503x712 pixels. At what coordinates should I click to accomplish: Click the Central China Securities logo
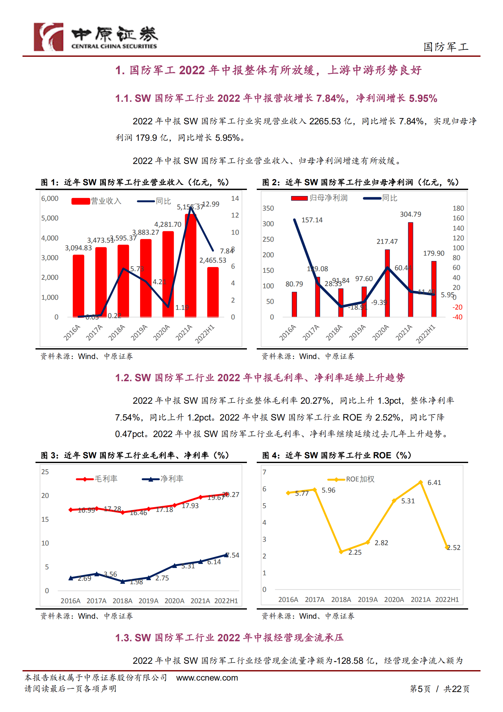tap(95, 37)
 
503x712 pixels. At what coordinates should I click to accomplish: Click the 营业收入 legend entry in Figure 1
tap(96, 201)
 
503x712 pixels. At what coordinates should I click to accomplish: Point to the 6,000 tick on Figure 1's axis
tap(50, 199)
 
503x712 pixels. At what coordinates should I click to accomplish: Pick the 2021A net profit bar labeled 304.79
tap(410, 270)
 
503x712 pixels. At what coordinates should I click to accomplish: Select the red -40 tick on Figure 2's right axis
tap(457, 317)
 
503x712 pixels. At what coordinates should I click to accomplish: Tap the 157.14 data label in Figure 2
tap(312, 220)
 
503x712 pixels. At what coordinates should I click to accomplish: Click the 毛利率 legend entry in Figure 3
tap(97, 479)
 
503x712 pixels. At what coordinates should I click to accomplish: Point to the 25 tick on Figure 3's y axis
tap(45, 472)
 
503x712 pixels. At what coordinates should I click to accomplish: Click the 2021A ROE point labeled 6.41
tap(421, 482)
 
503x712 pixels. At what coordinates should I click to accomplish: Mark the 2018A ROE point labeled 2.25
tap(341, 552)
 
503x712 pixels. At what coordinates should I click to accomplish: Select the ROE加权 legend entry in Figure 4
tap(351, 479)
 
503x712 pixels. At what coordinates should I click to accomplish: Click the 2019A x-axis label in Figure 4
tap(368, 600)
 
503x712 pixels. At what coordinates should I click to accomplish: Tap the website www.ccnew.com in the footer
tap(207, 678)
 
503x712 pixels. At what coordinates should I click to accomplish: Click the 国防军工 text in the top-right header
tap(446, 47)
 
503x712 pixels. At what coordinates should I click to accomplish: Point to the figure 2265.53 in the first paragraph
tap(325, 121)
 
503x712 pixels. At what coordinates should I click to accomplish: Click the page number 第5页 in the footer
tap(420, 689)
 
